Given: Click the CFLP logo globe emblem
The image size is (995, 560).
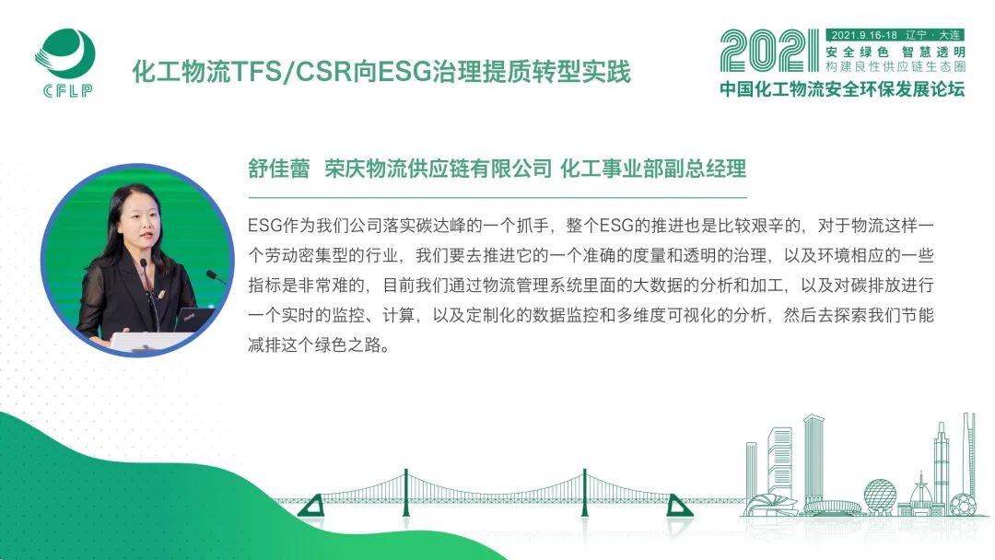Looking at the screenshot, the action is (65, 54).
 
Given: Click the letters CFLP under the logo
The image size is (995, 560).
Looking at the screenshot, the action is (68, 90).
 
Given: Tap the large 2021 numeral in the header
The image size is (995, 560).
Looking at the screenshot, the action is (769, 51).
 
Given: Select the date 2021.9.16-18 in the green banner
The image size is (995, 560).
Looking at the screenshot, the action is (864, 36).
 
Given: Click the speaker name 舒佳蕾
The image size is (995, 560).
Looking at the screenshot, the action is (278, 169).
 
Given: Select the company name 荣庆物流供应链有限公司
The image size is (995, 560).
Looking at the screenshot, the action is (439, 169).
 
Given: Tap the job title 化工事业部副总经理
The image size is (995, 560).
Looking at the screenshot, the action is (653, 169).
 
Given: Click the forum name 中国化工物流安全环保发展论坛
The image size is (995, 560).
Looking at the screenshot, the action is (842, 88).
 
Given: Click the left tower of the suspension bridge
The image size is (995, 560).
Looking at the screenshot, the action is (406, 493).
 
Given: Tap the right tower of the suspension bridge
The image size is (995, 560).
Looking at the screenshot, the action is (584, 493).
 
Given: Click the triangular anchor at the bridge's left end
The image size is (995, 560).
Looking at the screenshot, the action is (311, 506).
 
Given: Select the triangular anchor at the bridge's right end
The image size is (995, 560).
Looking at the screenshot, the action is (679, 506).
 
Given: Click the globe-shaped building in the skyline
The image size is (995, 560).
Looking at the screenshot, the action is (880, 495).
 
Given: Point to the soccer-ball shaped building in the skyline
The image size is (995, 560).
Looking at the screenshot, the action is (964, 504).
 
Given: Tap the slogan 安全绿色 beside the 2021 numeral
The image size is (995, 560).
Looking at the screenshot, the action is (857, 52).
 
